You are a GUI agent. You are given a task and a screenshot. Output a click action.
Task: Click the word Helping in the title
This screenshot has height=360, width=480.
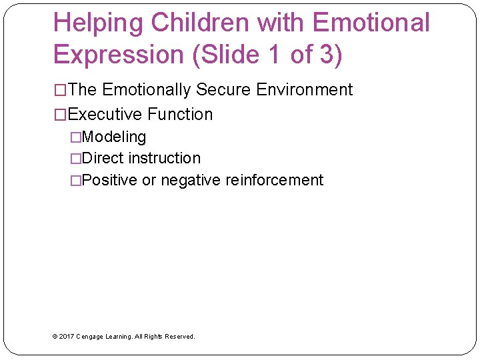pos(99,23)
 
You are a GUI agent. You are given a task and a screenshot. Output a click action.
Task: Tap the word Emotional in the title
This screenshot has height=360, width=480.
pos(371,23)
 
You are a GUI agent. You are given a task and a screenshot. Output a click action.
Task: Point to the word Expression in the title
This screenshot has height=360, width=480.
pos(119,55)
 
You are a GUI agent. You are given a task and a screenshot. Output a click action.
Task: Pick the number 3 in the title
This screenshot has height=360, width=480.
pos(327,55)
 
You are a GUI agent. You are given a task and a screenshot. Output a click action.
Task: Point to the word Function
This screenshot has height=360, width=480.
pos(180,115)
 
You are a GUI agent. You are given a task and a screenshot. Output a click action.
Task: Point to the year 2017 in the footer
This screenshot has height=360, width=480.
pos(67,337)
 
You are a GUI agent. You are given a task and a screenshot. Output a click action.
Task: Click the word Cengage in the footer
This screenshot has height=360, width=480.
pos(91,337)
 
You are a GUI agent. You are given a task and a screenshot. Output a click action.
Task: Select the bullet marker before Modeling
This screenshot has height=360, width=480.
pos(75,137)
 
